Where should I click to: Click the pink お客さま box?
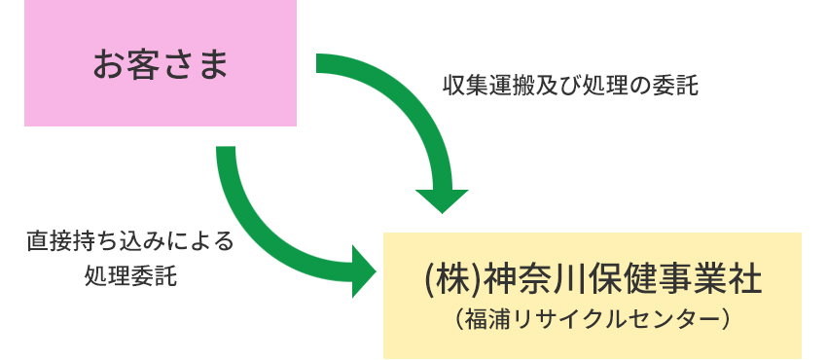tap(161, 62)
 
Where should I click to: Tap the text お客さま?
tap(161, 64)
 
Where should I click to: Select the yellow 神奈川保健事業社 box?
tap(593, 295)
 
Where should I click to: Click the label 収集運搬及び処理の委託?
tap(570, 86)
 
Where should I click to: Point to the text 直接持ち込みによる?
tap(130, 241)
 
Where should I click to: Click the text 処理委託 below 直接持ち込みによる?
tap(130, 275)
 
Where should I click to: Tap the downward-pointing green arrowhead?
tap(442, 200)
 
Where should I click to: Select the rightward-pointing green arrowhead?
tap(364, 271)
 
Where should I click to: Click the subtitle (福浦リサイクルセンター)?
tap(593, 320)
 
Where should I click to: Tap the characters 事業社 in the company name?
tap(710, 280)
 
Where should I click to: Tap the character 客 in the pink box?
tap(143, 64)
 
